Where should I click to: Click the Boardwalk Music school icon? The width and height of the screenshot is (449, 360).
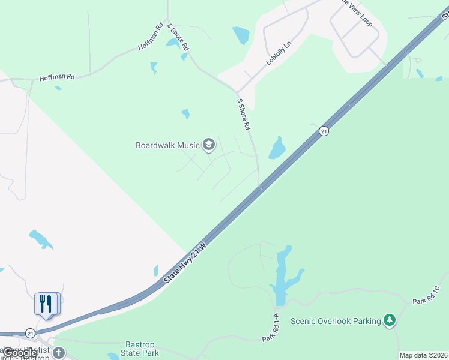point(209,145)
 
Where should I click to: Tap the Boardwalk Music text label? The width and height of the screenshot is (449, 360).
point(168,145)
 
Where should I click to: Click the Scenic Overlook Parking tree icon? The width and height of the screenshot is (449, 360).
point(390,320)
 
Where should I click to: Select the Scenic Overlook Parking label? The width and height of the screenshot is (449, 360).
point(336,321)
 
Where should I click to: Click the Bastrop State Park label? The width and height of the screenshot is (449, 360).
point(140,349)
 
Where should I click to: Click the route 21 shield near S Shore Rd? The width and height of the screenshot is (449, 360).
point(324,131)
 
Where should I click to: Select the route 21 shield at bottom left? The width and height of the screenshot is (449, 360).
point(30,332)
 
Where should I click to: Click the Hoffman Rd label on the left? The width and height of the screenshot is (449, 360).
point(57,77)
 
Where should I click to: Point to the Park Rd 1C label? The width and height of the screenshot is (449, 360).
point(426,295)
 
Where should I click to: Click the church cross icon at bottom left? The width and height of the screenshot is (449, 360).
point(58,352)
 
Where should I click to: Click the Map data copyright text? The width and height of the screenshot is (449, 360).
point(424,355)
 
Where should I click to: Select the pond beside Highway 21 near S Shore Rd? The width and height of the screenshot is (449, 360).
point(277,148)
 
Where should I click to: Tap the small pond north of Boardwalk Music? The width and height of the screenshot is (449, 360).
point(185,113)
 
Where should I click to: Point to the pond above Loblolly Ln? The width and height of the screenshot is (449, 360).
point(241,35)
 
